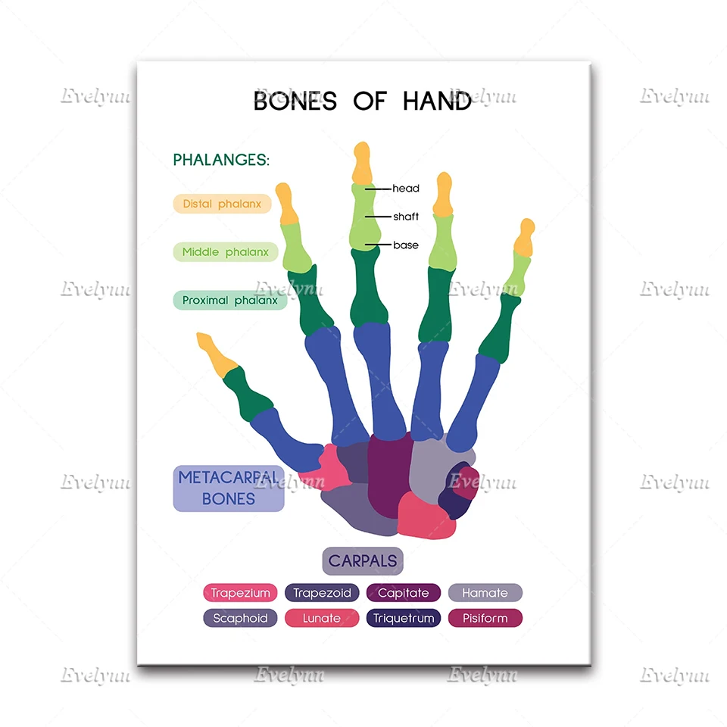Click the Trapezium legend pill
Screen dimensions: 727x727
[x=240, y=593]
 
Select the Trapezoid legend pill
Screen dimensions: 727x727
[x=322, y=593]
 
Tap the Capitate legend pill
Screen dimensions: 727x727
[x=404, y=593]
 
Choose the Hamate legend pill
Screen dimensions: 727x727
[x=485, y=593]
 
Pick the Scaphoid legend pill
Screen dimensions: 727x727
[x=240, y=618]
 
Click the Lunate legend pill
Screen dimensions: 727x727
[x=322, y=618]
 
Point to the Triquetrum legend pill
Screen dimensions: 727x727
[x=404, y=618]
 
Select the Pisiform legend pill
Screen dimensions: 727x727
[x=485, y=618]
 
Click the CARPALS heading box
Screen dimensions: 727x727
[x=363, y=561]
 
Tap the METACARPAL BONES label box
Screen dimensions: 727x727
[x=229, y=488]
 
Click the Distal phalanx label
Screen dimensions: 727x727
[x=222, y=204]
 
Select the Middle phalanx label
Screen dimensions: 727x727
[x=226, y=252]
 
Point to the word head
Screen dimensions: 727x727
[x=406, y=189]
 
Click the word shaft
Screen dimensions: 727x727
[x=406, y=217]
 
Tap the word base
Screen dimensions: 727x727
[x=406, y=245]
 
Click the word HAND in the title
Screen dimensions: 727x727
[x=437, y=101]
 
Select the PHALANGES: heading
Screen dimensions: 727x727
[x=221, y=160]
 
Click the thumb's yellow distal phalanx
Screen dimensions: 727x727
[x=217, y=354]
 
